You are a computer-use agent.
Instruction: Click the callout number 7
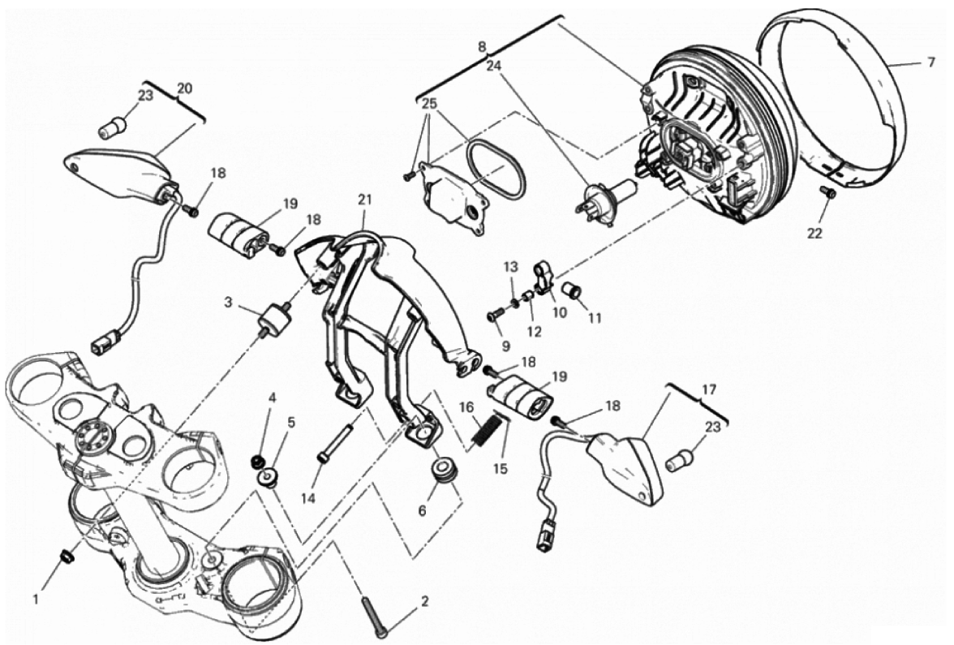(930, 62)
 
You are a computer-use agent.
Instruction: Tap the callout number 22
(814, 233)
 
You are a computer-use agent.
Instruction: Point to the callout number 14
(308, 498)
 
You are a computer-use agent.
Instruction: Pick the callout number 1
(36, 600)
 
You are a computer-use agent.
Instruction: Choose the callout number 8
(482, 45)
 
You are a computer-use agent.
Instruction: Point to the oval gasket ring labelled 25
(495, 169)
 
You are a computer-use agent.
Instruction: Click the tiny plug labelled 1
(67, 554)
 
